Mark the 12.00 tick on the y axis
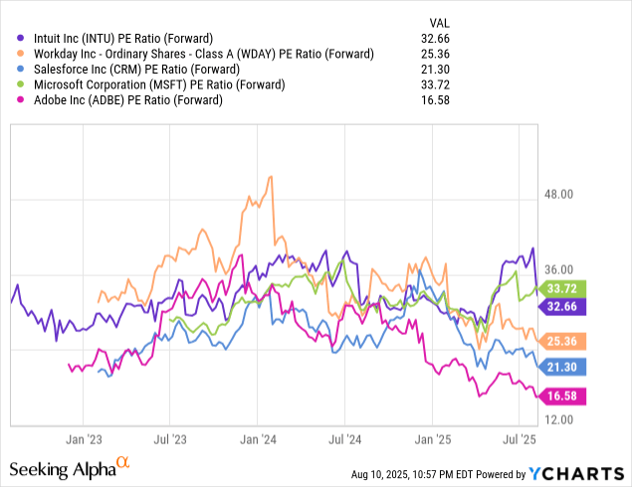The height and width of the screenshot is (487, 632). click(x=559, y=421)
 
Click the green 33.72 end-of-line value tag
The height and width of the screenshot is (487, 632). click(x=559, y=289)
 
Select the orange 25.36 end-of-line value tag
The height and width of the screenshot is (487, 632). click(x=559, y=341)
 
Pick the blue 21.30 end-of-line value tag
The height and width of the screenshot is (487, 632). click(x=559, y=367)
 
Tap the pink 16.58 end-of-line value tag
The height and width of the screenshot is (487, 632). click(x=559, y=397)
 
